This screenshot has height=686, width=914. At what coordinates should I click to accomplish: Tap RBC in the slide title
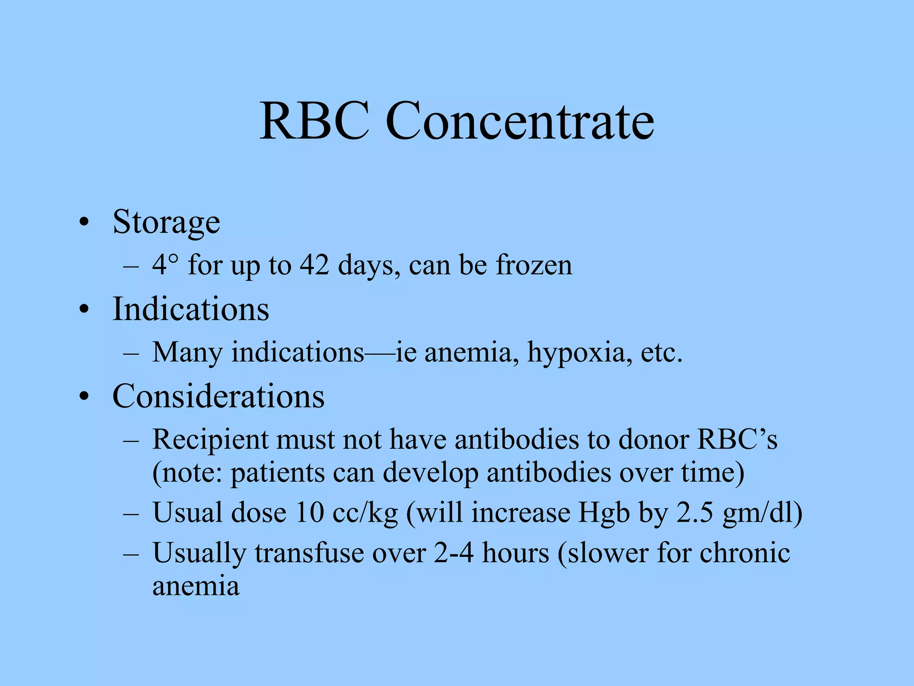(x=315, y=121)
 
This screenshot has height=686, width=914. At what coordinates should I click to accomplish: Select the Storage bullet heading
(x=166, y=222)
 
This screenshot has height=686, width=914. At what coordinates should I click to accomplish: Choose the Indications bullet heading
(x=191, y=309)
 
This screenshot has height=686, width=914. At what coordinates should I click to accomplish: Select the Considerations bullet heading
(x=218, y=396)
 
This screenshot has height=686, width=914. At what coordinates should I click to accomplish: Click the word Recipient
(x=210, y=440)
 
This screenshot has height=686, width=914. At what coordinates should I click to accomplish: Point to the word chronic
(x=744, y=553)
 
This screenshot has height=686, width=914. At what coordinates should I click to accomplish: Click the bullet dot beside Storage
(x=83, y=222)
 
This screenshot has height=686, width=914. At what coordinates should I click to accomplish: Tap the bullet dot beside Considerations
(x=83, y=397)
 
